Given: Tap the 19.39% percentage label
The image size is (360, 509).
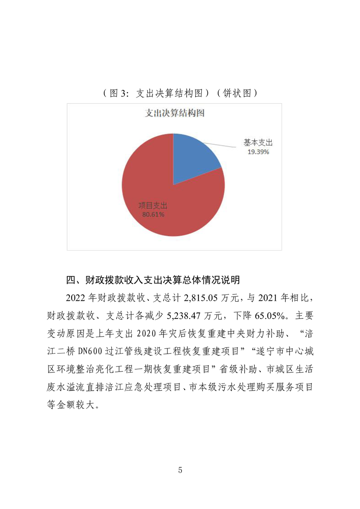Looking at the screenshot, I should pos(258,152).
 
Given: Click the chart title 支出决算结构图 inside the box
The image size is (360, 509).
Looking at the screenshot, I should pos(174,113).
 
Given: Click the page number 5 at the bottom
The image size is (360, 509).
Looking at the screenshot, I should pos(180,470).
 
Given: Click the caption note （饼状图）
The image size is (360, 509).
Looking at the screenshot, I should pos(237,93).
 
